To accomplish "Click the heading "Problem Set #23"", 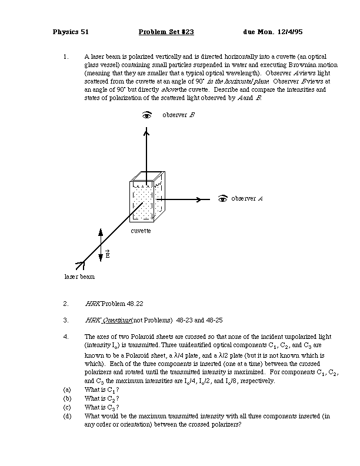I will coord(166,32).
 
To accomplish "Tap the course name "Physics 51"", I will coord(71,32).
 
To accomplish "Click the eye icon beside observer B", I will coord(147,115).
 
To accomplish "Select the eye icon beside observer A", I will coord(222,199).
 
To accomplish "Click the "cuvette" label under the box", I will coord(141,231).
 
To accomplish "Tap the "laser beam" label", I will coord(79,276).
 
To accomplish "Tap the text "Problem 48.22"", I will coord(122,304).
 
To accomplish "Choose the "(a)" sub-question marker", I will coord(66,390).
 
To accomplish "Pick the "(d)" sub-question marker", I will coord(66,416).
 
